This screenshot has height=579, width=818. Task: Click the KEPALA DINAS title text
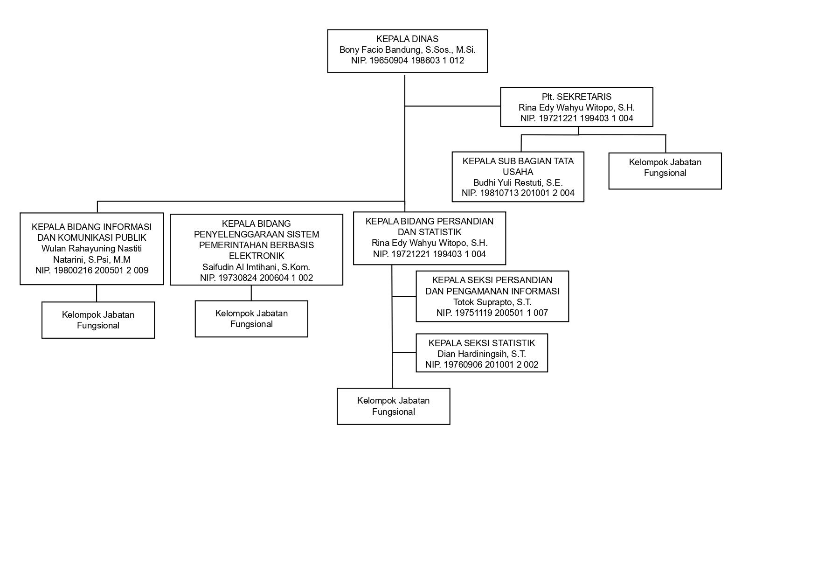pos(407,39)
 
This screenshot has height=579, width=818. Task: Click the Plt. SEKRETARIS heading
pos(576,97)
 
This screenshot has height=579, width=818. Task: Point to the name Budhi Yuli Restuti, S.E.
pos(518,182)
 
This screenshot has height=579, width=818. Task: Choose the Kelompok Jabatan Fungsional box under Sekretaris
pos(665,171)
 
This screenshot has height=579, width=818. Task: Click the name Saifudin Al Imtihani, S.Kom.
pos(256,267)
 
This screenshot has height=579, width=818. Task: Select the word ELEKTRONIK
pos(256,256)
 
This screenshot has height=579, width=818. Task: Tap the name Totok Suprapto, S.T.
pos(492,302)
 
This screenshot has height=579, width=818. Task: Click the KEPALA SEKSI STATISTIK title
pos(482,343)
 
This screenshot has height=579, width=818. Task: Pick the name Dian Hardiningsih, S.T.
pos(482,354)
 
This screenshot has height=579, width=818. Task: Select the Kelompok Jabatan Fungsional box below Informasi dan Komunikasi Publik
pos(98,320)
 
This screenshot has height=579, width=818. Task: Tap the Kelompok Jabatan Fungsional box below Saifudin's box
pos(251,319)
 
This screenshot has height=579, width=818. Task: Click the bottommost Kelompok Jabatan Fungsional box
pos(393,406)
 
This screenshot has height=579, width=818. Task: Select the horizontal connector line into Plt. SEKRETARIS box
pos(452,106)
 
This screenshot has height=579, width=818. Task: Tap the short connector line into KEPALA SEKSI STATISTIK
pos(404,352)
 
